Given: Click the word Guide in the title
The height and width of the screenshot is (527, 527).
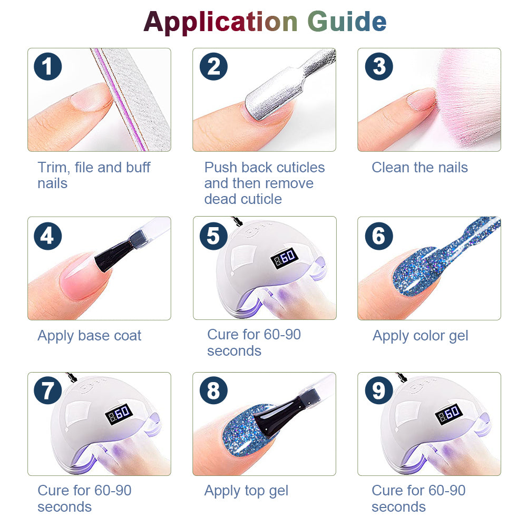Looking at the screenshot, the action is (x=347, y=21).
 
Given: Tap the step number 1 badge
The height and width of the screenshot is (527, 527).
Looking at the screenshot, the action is (x=48, y=66).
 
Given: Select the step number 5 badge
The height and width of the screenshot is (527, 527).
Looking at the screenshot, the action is (x=213, y=236).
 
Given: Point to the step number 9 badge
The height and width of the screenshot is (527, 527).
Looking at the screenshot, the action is (x=379, y=390).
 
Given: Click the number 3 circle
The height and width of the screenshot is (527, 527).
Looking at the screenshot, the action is (x=379, y=66).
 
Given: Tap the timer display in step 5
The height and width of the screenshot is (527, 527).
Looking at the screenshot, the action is (x=285, y=258).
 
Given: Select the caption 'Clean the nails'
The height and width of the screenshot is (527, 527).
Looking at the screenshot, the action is (x=420, y=168).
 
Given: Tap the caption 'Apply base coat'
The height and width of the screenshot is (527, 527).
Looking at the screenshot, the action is (x=90, y=336).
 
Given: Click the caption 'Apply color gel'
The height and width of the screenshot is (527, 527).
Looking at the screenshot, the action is (x=421, y=336).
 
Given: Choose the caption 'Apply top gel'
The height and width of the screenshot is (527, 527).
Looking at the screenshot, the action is (x=246, y=491).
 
